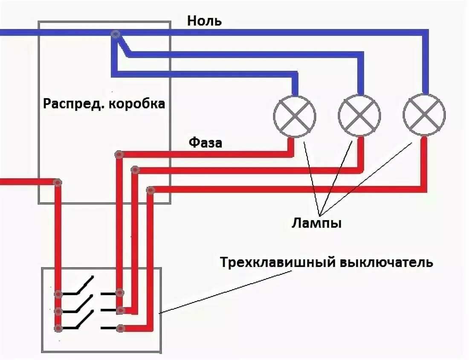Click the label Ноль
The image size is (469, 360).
[204, 21]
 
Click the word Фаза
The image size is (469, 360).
[206, 142]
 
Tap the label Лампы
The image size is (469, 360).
[317, 224]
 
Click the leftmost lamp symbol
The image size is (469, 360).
[294, 115]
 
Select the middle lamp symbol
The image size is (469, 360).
[359, 115]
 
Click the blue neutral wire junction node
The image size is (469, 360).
[115, 34]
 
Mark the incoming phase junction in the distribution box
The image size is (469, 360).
[58, 182]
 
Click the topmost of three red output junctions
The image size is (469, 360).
[119, 154]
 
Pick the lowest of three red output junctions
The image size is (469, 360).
[150, 190]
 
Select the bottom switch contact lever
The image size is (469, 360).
[79, 321]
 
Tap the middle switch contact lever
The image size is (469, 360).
[79, 304]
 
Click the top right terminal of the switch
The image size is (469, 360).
[120, 293]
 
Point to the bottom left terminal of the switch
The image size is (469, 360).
[58, 328]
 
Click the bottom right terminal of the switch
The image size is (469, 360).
[121, 328]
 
